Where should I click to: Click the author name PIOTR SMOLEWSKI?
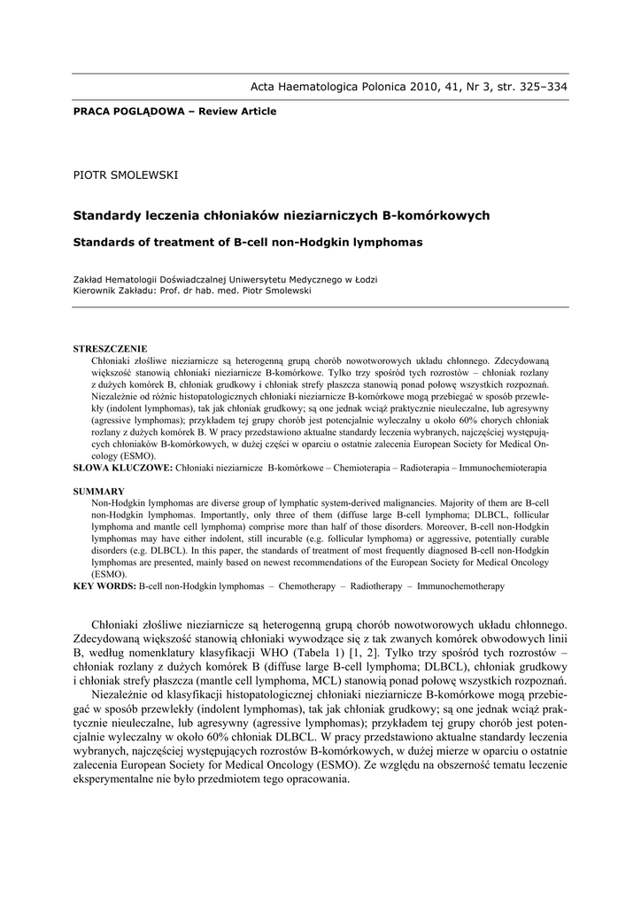coord(125,174)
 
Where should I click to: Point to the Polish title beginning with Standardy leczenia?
coord(281,215)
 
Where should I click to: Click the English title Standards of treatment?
coord(247,241)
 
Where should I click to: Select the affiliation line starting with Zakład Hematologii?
coord(224,279)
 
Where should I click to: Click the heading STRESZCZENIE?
coord(110,349)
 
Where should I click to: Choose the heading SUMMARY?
coord(98,491)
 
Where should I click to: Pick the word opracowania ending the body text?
coord(311,779)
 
